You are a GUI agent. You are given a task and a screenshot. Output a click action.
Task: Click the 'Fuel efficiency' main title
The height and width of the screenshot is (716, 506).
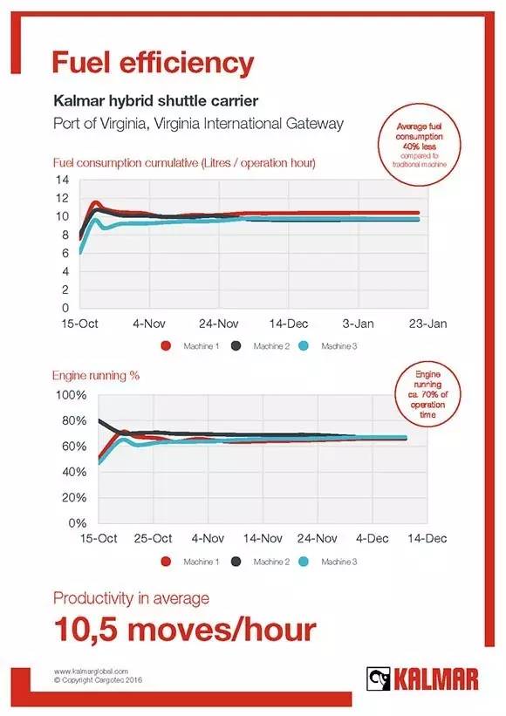(x=153, y=63)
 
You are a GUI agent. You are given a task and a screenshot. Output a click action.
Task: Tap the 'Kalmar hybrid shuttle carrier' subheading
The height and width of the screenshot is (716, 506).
(x=156, y=100)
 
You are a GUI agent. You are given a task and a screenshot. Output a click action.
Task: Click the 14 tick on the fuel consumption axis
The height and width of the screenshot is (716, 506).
(x=63, y=180)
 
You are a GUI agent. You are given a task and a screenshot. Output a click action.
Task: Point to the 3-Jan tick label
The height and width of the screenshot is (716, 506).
(x=358, y=324)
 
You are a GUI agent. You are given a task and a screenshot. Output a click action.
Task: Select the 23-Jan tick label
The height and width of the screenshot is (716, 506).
(x=427, y=324)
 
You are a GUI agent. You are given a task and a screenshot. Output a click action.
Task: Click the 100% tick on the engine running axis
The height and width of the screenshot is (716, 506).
(x=71, y=395)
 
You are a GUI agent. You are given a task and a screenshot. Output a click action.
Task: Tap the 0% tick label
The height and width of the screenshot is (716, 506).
(x=77, y=523)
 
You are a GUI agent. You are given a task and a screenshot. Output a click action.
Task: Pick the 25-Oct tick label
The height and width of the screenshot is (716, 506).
(x=153, y=538)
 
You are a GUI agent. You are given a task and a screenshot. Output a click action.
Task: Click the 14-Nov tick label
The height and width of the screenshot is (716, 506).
(x=263, y=538)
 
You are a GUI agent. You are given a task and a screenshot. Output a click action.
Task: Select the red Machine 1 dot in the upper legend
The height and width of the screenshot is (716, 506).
(x=166, y=346)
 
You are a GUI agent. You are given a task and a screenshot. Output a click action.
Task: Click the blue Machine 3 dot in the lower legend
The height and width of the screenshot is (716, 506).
(x=304, y=562)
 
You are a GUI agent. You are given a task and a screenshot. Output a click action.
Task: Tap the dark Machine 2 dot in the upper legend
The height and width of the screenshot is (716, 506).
(x=236, y=346)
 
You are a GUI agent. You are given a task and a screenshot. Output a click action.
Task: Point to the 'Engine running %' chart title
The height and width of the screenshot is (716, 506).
(x=96, y=375)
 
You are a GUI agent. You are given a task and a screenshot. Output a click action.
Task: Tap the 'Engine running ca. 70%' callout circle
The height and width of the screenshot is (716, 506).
(x=427, y=393)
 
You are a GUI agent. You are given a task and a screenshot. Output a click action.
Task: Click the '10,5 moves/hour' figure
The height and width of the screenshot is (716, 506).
(x=185, y=630)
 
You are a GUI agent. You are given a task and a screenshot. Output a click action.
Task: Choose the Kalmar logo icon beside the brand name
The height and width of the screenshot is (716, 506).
(x=379, y=679)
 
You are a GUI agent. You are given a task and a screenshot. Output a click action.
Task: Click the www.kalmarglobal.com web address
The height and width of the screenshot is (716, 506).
(x=91, y=672)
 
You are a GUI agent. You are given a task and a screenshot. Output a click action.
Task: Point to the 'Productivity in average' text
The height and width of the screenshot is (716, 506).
(x=131, y=598)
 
